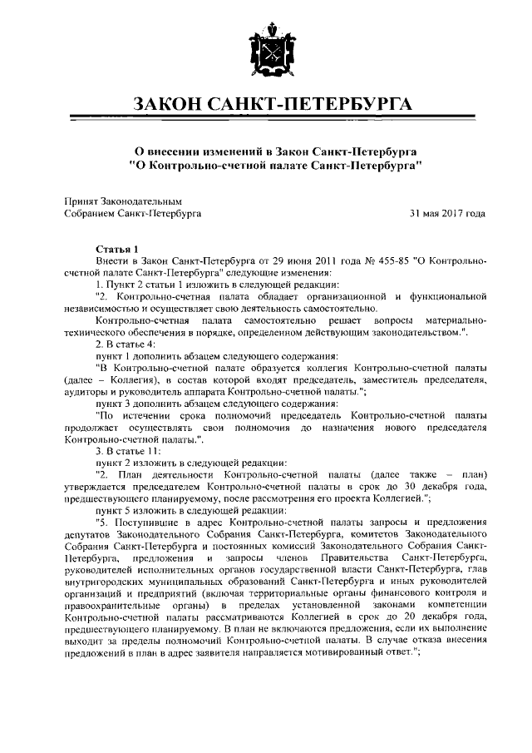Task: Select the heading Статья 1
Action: tap(121, 249)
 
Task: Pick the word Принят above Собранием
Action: tap(81, 201)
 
